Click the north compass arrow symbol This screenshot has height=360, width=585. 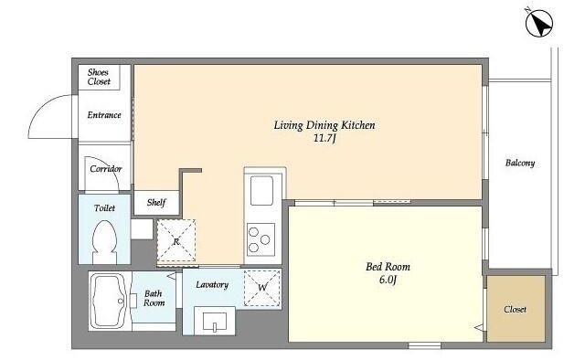pos(539,23)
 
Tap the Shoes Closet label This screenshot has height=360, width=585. pos(99,77)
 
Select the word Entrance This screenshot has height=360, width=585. pos(104,115)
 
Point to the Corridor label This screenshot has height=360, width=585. pos(106,169)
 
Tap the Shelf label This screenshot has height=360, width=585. pos(156,203)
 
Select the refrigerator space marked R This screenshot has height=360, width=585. pos(176,241)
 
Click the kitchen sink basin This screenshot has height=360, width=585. pos(261,190)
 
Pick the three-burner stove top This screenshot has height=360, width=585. pos(261,239)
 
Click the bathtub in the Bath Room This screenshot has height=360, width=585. pos(109,301)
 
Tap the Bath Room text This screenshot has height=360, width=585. pos(154,298)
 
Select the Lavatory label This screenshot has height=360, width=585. pos(212,285)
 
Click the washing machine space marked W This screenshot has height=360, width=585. pos(262,288)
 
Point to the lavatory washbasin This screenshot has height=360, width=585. pos(215,321)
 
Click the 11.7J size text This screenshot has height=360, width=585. pos(324,138)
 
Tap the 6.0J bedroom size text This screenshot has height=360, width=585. pos(388,280)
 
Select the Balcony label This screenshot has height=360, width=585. pos(520,163)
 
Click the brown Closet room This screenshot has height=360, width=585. pos(516,309)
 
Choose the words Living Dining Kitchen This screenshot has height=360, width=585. pos(324,125)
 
